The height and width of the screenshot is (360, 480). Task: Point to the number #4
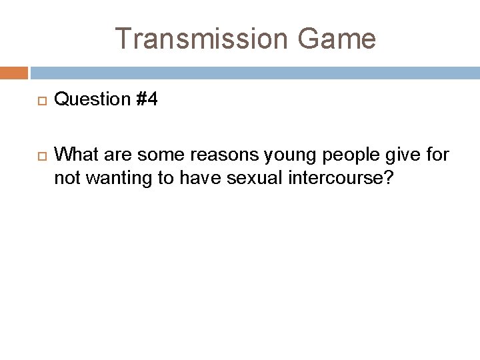point(146,100)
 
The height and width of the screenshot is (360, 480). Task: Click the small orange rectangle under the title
point(14,73)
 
